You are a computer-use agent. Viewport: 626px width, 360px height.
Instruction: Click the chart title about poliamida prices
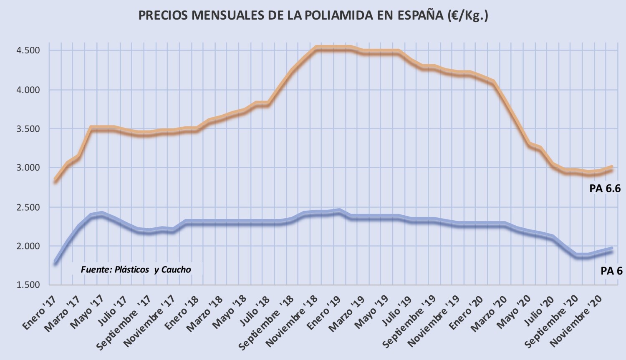pos(313,15)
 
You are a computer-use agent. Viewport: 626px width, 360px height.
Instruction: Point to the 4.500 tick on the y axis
pos(28,50)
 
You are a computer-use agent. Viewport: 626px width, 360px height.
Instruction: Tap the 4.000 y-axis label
pos(28,90)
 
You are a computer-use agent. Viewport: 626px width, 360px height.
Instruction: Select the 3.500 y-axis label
pos(28,129)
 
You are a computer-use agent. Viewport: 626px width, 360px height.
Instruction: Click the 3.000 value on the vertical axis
pos(28,168)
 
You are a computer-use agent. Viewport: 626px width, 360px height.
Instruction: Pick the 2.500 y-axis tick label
pos(28,207)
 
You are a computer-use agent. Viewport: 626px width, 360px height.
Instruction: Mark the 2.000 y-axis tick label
pos(28,246)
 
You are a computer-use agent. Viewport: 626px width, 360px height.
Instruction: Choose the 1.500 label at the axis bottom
pos(28,285)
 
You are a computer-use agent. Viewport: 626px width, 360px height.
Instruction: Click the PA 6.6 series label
pos(605,189)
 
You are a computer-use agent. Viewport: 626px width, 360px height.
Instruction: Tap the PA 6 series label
pos(611,271)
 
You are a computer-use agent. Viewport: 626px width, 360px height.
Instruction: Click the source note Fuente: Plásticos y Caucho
pos(136,270)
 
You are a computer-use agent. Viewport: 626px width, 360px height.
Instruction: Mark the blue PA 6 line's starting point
pos(56,262)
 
